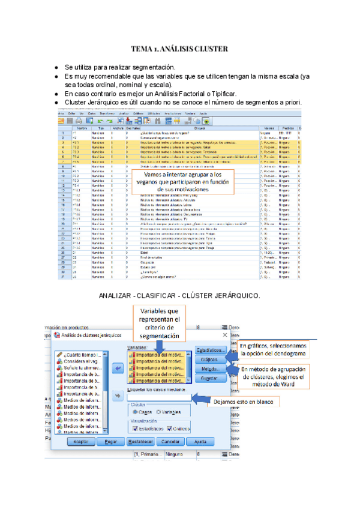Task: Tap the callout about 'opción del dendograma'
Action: point(274,350)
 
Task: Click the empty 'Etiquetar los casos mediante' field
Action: point(161,396)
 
